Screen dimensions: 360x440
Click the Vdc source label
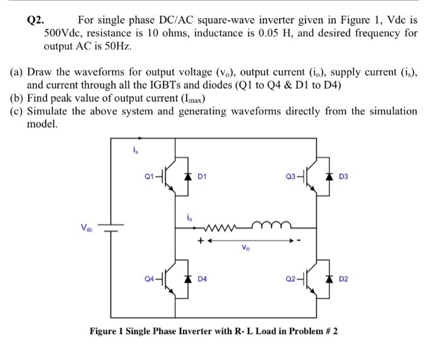[85, 227]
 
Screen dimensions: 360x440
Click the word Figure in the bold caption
[107, 331]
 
